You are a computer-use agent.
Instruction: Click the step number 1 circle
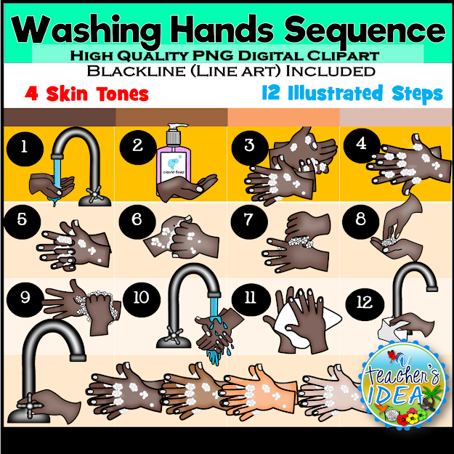[x=24, y=147]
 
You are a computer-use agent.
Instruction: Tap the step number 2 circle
[x=137, y=145]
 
